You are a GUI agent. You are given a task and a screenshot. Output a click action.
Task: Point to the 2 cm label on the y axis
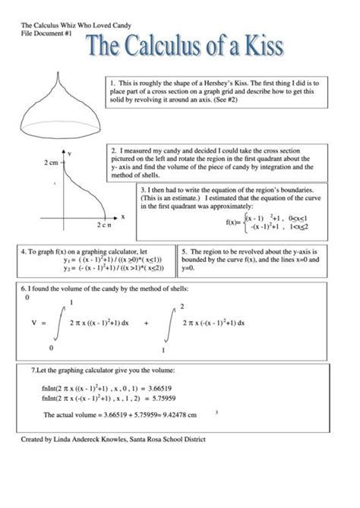click(51, 162)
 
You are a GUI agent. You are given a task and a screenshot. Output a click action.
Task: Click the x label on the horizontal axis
click(123, 216)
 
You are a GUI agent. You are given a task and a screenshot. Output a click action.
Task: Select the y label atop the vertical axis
click(71, 153)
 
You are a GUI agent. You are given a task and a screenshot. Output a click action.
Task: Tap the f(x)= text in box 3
click(233, 222)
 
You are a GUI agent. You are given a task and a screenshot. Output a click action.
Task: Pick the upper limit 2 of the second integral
click(182, 306)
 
